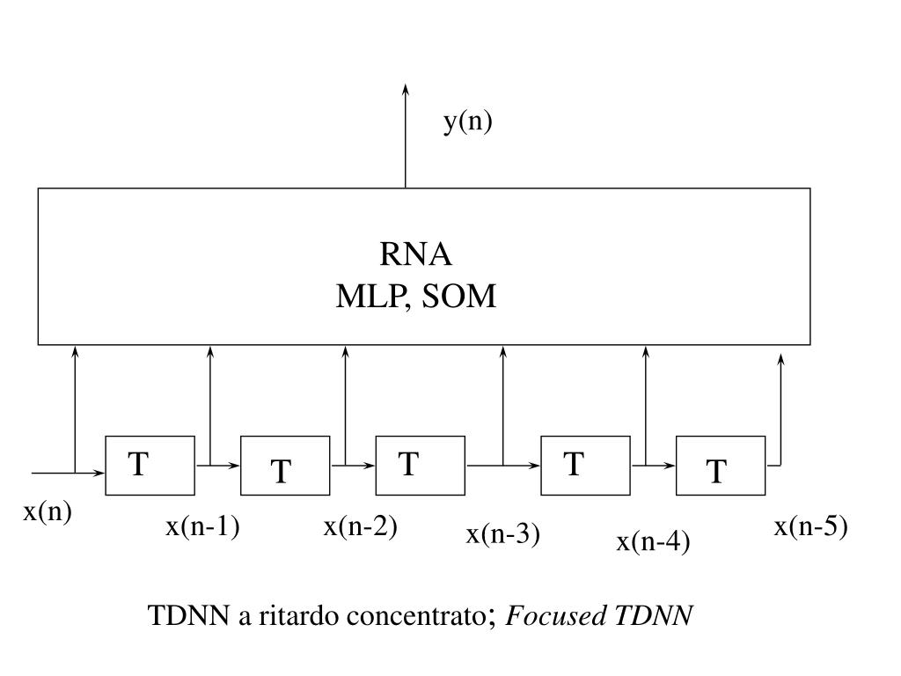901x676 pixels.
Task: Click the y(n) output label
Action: (467, 121)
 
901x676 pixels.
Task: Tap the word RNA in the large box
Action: (415, 254)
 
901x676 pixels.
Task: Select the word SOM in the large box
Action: (459, 298)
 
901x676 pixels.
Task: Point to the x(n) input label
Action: (47, 512)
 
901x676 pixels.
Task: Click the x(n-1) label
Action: (203, 526)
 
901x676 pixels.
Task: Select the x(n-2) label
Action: (361, 526)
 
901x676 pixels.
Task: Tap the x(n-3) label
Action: (502, 533)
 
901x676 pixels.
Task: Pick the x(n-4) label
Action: (653, 542)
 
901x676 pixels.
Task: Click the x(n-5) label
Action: (810, 526)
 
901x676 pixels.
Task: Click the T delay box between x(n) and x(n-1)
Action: (150, 465)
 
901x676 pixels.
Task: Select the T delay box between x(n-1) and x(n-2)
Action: (285, 465)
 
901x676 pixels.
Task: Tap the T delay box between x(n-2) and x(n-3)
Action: (420, 465)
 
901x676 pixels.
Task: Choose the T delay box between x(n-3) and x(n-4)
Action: (585, 465)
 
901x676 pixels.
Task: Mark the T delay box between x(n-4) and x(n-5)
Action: (720, 465)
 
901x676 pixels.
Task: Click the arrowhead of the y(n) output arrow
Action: (406, 89)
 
